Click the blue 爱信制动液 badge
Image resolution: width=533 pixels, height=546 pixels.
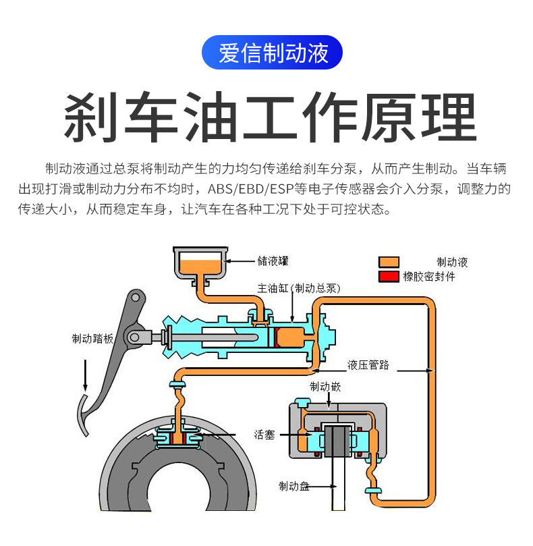[x=273, y=53]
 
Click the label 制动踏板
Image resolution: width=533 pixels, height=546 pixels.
[x=92, y=339]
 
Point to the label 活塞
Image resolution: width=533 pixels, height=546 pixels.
[x=264, y=435]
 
